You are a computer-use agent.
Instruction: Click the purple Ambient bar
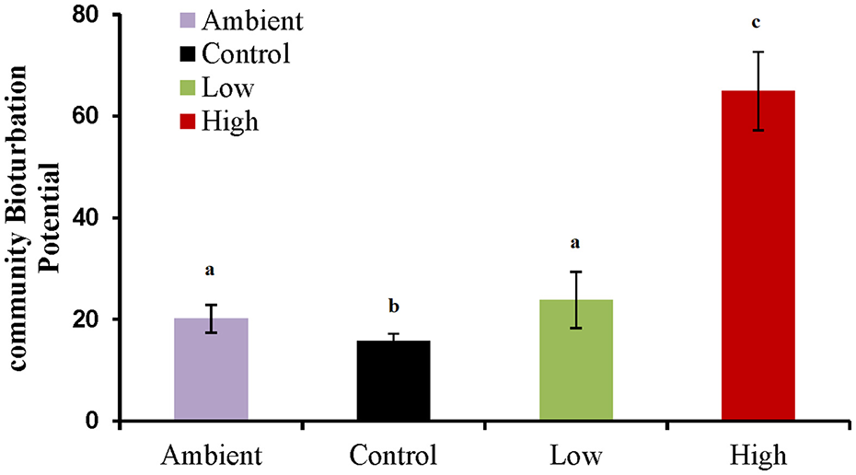click(x=211, y=370)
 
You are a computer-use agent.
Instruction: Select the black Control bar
click(x=393, y=381)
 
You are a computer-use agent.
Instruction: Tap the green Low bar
click(x=575, y=361)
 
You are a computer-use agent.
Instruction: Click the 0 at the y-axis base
click(x=93, y=422)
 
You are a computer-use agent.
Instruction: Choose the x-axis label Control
click(x=394, y=456)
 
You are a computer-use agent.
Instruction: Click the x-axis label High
click(x=758, y=456)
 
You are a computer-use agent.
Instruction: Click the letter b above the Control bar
click(x=393, y=306)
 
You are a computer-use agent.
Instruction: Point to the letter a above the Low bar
click(x=575, y=244)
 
